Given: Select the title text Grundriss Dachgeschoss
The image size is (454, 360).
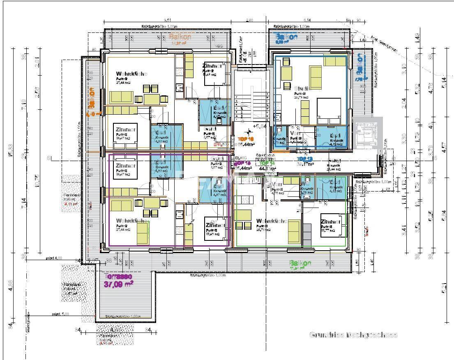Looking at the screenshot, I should [x=353, y=335].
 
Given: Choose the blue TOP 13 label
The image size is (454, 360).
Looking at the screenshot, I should [x=305, y=159].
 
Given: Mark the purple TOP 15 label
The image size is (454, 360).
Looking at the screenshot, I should [x=242, y=163].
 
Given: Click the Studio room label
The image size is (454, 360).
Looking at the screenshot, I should [x=302, y=88].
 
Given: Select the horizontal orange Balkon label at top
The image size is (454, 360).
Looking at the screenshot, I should [x=180, y=37].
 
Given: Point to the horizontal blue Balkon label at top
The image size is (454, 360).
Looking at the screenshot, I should [x=286, y=37].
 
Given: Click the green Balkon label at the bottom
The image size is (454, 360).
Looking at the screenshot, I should [x=300, y=263].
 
